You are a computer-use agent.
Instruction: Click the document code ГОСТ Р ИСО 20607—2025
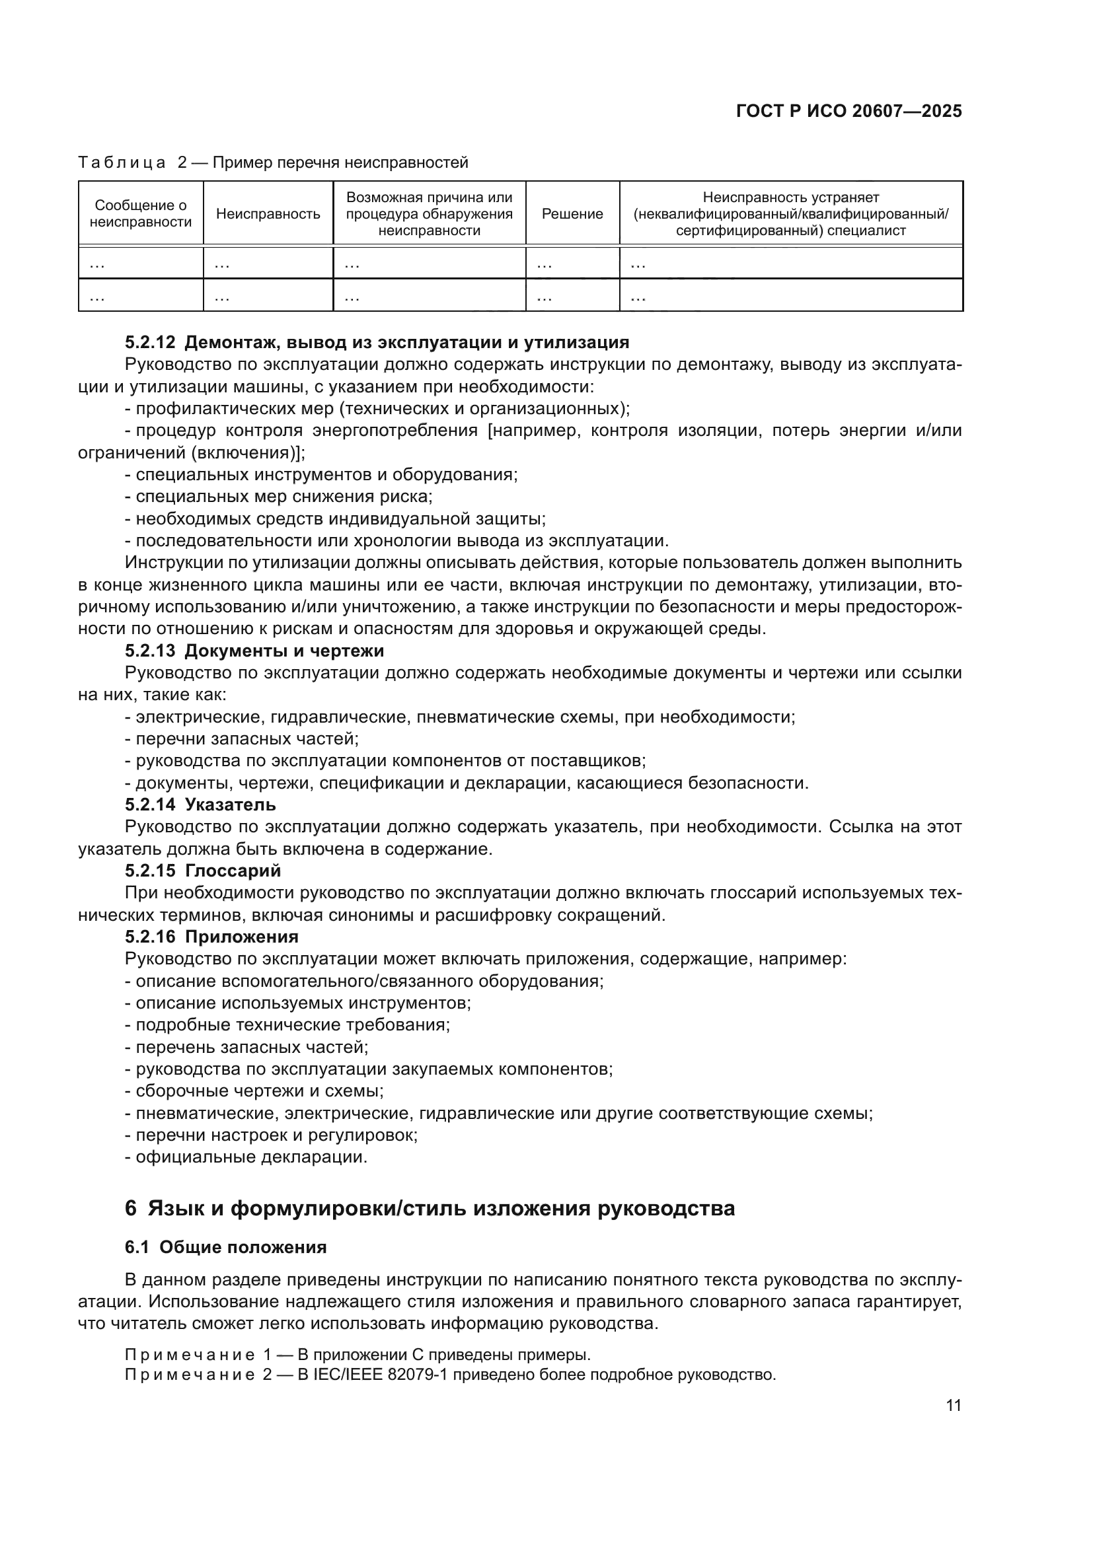point(848,111)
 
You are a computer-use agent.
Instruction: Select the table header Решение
point(572,214)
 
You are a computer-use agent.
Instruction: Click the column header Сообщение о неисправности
point(141,214)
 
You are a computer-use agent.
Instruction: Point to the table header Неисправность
point(268,214)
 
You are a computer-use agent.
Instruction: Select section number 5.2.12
point(149,343)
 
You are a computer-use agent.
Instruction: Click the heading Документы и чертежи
point(284,651)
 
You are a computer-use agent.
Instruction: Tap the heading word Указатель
point(230,805)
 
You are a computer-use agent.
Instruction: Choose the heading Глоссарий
point(233,871)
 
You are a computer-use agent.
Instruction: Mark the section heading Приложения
point(242,937)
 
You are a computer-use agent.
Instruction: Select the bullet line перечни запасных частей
point(246,739)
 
